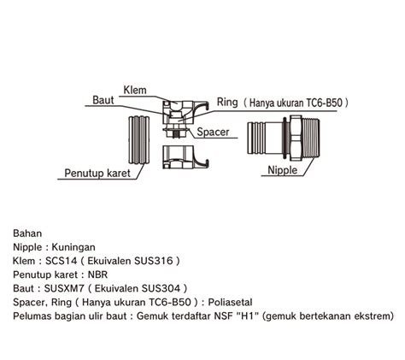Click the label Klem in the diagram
click(134, 89)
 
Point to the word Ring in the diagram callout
click(228, 101)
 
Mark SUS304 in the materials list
click(160, 288)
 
